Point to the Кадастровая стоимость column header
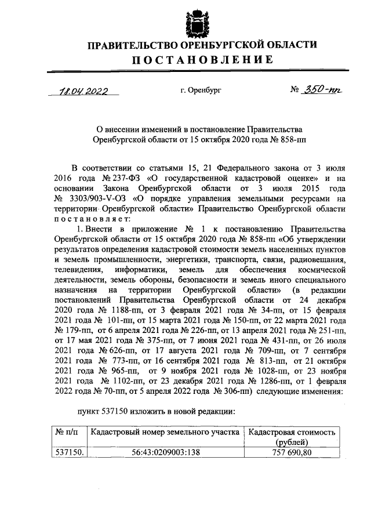pyautogui.click(x=292, y=433)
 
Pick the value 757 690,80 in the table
pyautogui.click(x=292, y=452)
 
